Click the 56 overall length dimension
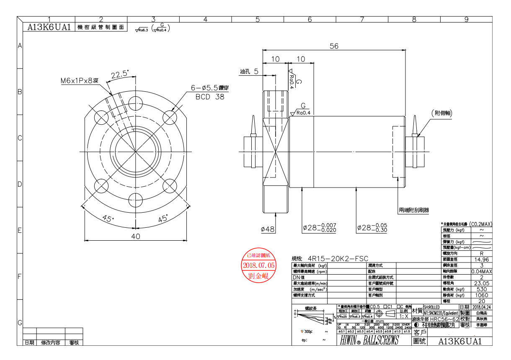point(334,46)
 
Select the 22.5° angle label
point(119,75)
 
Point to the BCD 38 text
point(210,97)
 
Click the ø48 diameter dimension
point(267,229)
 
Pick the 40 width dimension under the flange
point(135,236)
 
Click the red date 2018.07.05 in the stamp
point(259,265)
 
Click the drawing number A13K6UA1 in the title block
point(460,341)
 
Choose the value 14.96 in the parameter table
point(482,260)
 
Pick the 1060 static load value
point(482,295)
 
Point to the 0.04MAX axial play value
point(482,271)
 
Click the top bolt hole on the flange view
point(135,102)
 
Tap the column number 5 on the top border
point(258,19)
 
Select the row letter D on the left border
point(19,184)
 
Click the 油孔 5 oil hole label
point(251,72)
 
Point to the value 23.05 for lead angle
point(482,283)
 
